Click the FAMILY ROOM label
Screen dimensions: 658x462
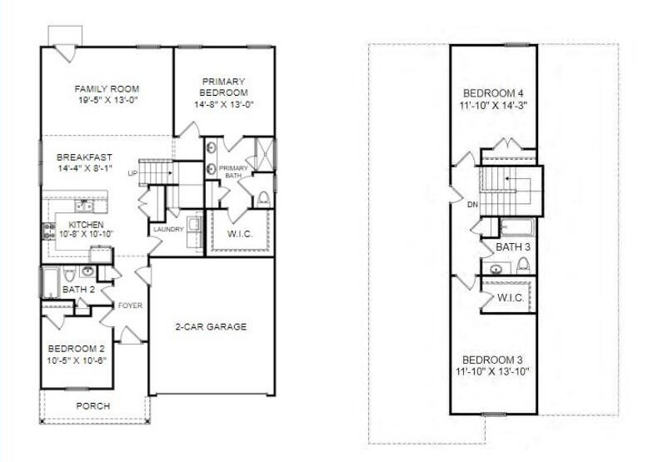click(x=107, y=89)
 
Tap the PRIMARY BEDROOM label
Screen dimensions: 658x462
click(x=224, y=87)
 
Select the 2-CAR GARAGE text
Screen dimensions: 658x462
click(x=211, y=326)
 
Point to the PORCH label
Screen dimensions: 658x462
click(x=93, y=406)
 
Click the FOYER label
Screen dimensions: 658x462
click(x=130, y=306)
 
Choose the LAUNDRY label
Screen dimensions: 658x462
click(x=168, y=229)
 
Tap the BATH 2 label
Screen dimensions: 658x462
click(x=78, y=290)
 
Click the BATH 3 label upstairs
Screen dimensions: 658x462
click(x=513, y=247)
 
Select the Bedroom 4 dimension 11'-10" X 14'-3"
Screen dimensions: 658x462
click(x=493, y=105)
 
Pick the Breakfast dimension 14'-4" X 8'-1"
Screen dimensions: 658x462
click(x=84, y=168)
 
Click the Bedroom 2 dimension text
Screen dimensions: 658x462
click(x=77, y=360)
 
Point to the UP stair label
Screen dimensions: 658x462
click(x=132, y=173)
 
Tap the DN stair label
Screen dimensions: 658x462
click(x=473, y=205)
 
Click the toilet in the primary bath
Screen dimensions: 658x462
click(x=263, y=198)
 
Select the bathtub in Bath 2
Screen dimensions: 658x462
click(x=50, y=282)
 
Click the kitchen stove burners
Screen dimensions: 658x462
click(x=48, y=231)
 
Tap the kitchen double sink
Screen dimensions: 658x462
click(x=84, y=206)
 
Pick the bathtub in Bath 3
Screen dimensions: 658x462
click(x=517, y=227)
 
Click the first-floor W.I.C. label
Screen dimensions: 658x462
click(x=240, y=234)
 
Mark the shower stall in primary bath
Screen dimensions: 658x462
click(x=264, y=154)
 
